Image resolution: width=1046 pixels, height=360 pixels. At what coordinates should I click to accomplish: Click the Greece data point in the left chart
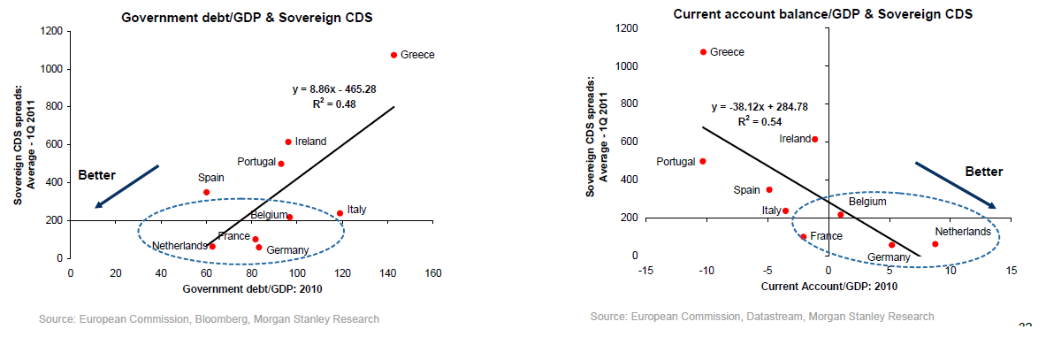[393, 55]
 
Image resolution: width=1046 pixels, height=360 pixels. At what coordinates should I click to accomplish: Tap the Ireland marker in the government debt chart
[288, 142]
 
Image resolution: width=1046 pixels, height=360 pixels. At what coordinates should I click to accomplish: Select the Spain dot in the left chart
[206, 192]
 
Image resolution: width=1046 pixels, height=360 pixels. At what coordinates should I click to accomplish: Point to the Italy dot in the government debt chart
[340, 213]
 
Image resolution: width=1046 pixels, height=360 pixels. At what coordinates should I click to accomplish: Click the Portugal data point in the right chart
[703, 161]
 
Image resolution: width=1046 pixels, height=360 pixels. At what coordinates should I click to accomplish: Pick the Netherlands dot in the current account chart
[935, 244]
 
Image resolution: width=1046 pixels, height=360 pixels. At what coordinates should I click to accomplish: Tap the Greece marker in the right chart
[703, 52]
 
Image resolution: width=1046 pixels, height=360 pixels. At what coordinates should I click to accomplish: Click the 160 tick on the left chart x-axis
[433, 272]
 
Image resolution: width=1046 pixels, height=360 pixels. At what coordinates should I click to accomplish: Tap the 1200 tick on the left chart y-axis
[50, 32]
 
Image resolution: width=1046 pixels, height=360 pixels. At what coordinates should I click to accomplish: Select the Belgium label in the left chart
[269, 215]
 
